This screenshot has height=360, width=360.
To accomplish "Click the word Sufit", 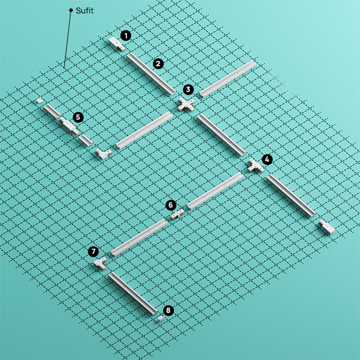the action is [x=85, y=11].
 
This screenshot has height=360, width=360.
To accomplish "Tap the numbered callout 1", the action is [x=126, y=36].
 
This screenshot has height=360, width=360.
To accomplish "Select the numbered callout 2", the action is [x=158, y=64].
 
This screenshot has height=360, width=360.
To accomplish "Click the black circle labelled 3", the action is [x=188, y=89].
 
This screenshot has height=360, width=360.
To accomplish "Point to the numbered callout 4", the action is [x=267, y=160].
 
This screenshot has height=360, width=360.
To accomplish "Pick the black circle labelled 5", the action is [x=78, y=117].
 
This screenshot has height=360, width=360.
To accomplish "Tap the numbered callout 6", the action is [x=171, y=205].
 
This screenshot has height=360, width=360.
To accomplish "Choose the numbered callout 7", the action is [x=93, y=252].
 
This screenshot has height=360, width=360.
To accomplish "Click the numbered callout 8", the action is [x=169, y=311].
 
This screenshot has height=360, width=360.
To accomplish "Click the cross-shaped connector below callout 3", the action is [x=186, y=105].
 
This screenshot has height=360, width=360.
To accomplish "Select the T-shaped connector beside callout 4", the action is [x=255, y=166].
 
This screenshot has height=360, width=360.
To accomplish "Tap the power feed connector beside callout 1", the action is [x=116, y=43].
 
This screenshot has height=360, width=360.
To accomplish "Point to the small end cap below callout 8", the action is [x=160, y=319].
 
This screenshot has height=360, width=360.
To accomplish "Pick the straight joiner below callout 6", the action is [x=177, y=214].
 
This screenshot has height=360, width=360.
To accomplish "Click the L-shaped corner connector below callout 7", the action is [x=100, y=264].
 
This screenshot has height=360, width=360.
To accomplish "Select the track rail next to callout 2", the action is [x=151, y=73].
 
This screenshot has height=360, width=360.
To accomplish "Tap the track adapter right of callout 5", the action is [x=69, y=126].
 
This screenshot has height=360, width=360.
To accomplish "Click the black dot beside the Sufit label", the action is [x=71, y=10].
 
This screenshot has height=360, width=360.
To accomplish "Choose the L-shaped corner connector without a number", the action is [x=104, y=154].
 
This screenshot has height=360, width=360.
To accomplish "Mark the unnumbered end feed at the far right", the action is [x=327, y=227].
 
